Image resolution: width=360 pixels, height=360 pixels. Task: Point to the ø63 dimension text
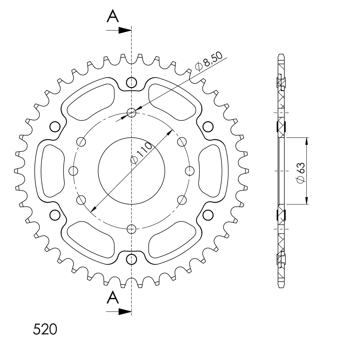(301, 173)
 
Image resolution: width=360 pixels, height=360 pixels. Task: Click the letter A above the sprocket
(113, 16)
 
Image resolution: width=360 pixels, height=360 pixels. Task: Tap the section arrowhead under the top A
(125, 30)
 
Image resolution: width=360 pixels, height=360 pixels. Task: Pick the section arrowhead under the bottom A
(125, 312)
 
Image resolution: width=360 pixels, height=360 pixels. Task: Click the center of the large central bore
(131, 171)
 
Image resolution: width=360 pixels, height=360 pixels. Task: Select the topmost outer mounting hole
(131, 82)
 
